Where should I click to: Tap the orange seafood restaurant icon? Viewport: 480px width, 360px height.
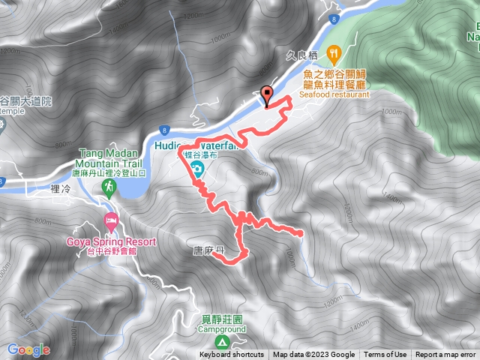[334, 53]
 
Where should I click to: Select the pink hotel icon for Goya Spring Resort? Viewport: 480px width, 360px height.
[111, 222]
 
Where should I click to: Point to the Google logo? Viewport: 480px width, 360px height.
[28, 349]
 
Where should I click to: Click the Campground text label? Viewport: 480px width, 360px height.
[222, 329]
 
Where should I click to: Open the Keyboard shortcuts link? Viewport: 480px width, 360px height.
[231, 355]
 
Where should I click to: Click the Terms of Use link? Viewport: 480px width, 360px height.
[385, 355]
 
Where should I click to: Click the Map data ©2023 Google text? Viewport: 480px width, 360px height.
[313, 355]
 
